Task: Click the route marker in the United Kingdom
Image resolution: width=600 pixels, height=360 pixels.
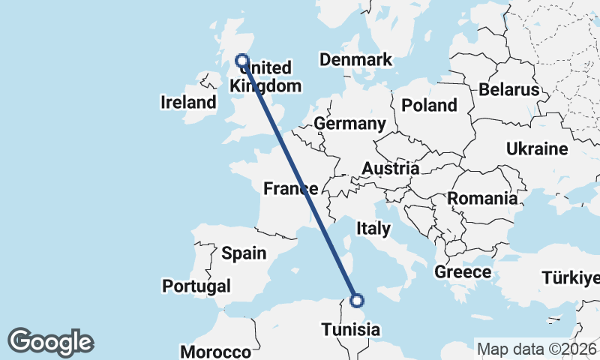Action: click(x=242, y=61)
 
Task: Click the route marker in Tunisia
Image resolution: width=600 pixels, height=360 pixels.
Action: click(x=357, y=301)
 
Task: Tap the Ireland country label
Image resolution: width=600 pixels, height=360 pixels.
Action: click(x=188, y=103)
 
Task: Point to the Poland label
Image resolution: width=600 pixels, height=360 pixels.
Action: click(x=429, y=106)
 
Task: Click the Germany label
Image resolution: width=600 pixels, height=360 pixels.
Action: click(x=350, y=124)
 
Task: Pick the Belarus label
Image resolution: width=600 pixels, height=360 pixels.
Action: click(x=509, y=90)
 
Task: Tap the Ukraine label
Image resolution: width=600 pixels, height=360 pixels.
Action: click(x=536, y=149)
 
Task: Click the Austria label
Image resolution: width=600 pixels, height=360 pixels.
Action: click(x=390, y=169)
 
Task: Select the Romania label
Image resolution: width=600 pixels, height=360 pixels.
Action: click(x=482, y=199)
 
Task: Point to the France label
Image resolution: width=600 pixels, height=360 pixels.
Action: click(x=290, y=188)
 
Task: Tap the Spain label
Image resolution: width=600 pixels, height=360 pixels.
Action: click(x=244, y=253)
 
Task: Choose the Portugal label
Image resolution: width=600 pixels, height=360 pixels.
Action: click(x=196, y=286)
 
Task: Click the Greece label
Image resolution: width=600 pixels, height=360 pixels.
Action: click(x=463, y=272)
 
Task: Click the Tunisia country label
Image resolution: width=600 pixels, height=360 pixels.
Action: click(x=350, y=329)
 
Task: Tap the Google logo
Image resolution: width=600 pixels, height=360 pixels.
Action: click(x=50, y=342)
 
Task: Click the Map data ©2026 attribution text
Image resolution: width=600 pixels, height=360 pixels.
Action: click(x=536, y=349)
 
